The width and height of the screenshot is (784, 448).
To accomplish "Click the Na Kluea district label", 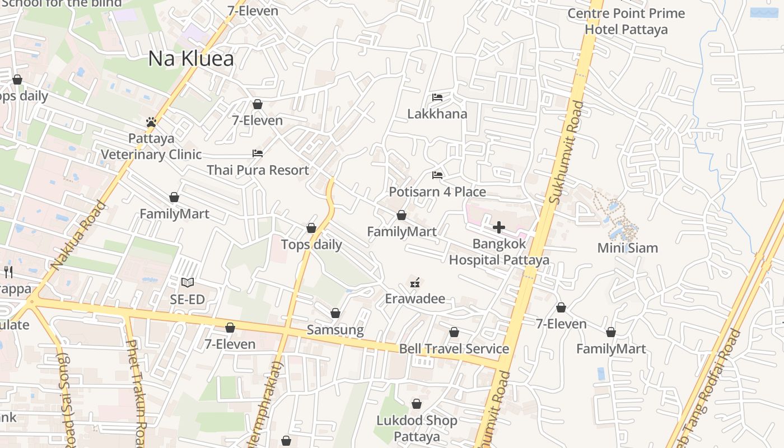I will pyautogui.click(x=190, y=59).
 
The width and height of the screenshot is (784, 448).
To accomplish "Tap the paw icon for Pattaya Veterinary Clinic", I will pyautogui.click(x=151, y=122).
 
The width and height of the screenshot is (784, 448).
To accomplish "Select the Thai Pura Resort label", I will pyautogui.click(x=258, y=170).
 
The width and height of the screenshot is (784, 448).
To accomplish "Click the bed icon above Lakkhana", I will pyautogui.click(x=437, y=97).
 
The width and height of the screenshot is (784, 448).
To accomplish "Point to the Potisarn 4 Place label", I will pyautogui.click(x=437, y=192).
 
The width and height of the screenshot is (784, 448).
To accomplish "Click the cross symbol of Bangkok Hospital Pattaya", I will pyautogui.click(x=498, y=227).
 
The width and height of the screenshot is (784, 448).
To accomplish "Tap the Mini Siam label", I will pyautogui.click(x=627, y=248).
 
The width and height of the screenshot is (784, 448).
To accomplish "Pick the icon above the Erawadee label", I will pyautogui.click(x=415, y=282).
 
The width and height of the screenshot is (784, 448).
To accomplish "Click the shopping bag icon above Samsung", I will pyautogui.click(x=335, y=313).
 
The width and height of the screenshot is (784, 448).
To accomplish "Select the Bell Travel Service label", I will pyautogui.click(x=454, y=349).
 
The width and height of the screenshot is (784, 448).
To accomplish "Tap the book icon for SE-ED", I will pyautogui.click(x=188, y=283).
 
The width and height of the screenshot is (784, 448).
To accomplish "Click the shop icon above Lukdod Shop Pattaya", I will pyautogui.click(x=417, y=404).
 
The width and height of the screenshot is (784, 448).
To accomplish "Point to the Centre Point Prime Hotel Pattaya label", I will pyautogui.click(x=626, y=21).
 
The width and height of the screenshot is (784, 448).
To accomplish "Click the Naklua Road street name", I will pyautogui.click(x=78, y=235).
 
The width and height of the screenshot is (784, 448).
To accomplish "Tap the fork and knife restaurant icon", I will pyautogui.click(x=8, y=272).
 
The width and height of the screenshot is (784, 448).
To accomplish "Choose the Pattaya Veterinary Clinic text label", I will pyautogui.click(x=151, y=146).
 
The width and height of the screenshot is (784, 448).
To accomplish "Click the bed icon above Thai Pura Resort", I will pyautogui.click(x=258, y=153).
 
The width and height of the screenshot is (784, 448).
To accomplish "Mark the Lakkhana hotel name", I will pyautogui.click(x=437, y=114).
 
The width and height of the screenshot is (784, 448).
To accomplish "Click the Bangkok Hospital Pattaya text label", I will pyautogui.click(x=499, y=252).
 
